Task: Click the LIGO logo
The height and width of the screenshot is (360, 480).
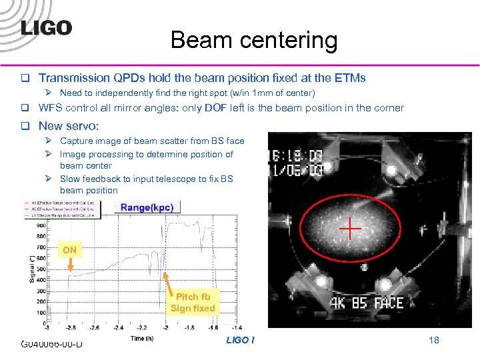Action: pos(46,27)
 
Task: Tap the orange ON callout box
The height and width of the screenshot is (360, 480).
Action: pos(70,250)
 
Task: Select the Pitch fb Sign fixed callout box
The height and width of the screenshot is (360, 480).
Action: pos(193,302)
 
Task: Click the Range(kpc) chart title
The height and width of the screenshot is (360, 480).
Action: pos(147,207)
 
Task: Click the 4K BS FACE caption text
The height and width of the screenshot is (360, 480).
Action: pos(367,303)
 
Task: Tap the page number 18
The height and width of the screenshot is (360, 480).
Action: pos(434,340)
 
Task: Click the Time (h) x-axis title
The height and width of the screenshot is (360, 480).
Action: pos(142,339)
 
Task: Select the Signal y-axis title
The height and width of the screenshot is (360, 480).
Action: pos(31,263)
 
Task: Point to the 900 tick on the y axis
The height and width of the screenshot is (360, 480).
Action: pos(42,225)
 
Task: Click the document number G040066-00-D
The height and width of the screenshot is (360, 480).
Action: pos(52,343)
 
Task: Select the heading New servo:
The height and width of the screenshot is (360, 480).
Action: pos(69,125)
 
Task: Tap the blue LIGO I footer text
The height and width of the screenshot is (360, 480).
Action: pos(240,340)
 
